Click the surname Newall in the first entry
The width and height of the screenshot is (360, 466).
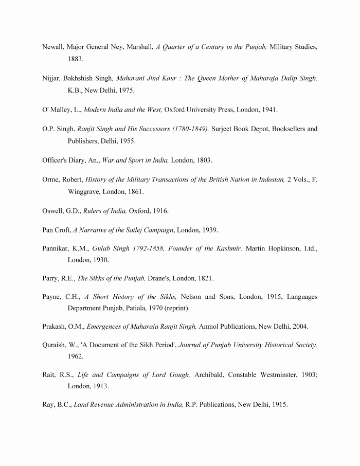(x=53, y=47)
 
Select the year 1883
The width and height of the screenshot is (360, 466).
(x=76, y=60)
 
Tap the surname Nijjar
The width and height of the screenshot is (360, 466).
(x=51, y=78)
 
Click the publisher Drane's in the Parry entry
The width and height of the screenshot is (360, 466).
(x=161, y=278)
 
